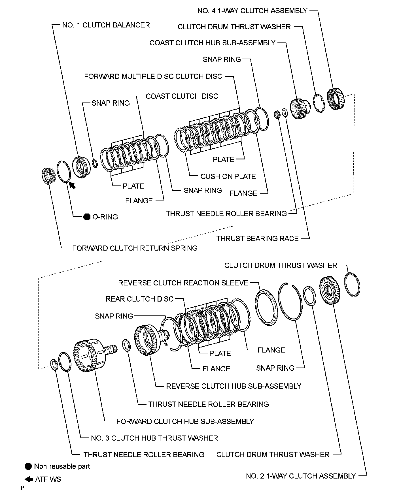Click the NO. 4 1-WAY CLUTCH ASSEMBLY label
[252, 11]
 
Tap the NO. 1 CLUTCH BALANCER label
[106, 25]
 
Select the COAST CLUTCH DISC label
[182, 96]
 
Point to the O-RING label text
[105, 217]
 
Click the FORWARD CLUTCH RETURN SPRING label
[135, 248]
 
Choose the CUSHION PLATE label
[228, 177]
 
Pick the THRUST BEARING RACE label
[258, 239]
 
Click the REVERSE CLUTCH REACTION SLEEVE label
[183, 283]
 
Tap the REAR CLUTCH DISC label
[139, 299]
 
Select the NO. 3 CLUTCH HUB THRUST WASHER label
[154, 438]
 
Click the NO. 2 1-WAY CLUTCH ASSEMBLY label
[301, 476]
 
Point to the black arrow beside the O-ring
[73, 185]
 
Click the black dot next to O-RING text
[87, 217]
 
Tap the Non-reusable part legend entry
[62, 466]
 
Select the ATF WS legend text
[48, 479]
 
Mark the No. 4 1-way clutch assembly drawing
[336, 98]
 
